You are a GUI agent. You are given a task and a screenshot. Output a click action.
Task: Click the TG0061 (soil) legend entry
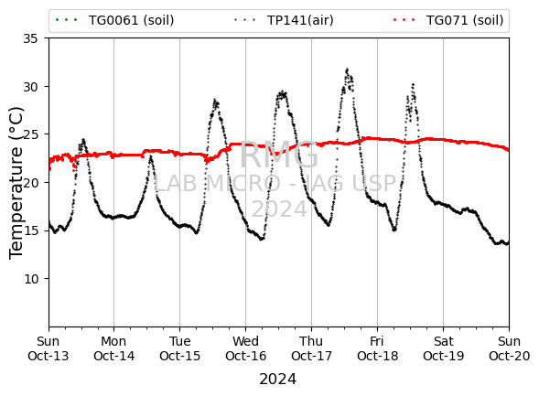[114, 20]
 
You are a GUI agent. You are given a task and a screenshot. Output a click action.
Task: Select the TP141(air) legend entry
[284, 20]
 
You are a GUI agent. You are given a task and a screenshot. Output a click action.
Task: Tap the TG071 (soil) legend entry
[448, 20]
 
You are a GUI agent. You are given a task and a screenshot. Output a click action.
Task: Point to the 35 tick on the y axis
[30, 38]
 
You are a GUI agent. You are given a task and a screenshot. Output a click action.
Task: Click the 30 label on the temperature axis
[30, 87]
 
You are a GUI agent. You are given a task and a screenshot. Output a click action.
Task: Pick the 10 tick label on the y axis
[30, 279]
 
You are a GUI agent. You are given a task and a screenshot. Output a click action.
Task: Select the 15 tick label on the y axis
[30, 230]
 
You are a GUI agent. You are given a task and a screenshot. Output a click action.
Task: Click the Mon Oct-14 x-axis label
[113, 348]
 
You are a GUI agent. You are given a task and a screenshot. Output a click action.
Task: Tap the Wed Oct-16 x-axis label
[246, 348]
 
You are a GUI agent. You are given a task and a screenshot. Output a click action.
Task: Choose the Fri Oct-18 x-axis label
[377, 348]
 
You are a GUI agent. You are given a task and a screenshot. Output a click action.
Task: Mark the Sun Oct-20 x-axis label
[509, 348]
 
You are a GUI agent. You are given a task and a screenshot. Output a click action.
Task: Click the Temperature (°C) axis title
[16, 183]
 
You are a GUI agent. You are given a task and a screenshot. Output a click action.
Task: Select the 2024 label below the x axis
[278, 380]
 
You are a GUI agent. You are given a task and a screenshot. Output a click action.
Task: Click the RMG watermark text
[279, 155]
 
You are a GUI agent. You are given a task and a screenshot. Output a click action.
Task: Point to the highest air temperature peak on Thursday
[347, 70]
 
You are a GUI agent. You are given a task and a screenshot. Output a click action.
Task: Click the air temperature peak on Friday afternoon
[413, 84]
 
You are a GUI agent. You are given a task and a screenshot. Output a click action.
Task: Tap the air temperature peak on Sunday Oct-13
[83, 139]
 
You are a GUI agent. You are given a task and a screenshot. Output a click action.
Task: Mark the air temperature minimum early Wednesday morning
[262, 240]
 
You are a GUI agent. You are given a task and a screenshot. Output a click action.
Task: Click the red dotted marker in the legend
[404, 20]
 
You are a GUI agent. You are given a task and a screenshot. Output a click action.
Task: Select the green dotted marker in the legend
[66, 20]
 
